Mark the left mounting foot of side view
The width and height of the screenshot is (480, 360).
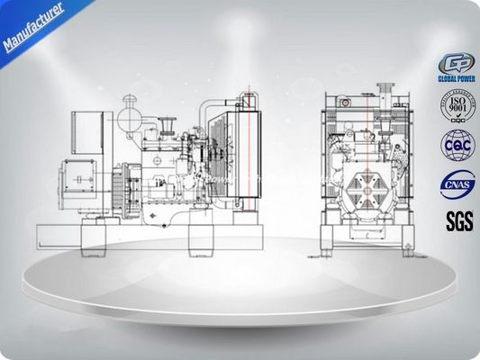(95, 236)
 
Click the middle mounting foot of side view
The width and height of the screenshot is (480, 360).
(200, 237)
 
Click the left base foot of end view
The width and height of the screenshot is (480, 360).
(331, 239)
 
